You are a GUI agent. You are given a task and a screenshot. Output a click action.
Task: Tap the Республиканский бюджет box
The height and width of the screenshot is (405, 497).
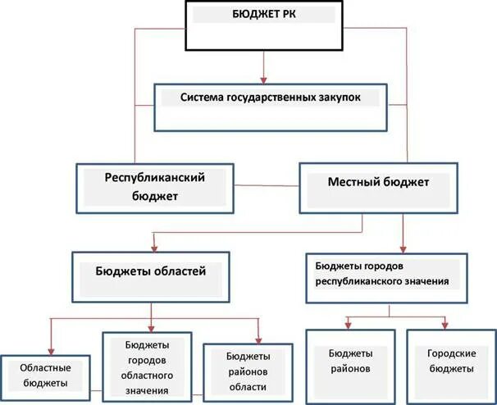coord(155,188)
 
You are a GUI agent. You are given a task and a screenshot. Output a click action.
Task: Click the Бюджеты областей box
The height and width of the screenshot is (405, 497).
coord(150,275)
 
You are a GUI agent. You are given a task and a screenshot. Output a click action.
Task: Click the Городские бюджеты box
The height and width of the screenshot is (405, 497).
coord(452,362)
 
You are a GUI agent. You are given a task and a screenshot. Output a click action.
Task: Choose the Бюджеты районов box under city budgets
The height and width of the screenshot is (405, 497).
coord(351,362)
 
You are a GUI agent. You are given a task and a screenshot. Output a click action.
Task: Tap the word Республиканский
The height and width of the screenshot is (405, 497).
coord(153,177)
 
